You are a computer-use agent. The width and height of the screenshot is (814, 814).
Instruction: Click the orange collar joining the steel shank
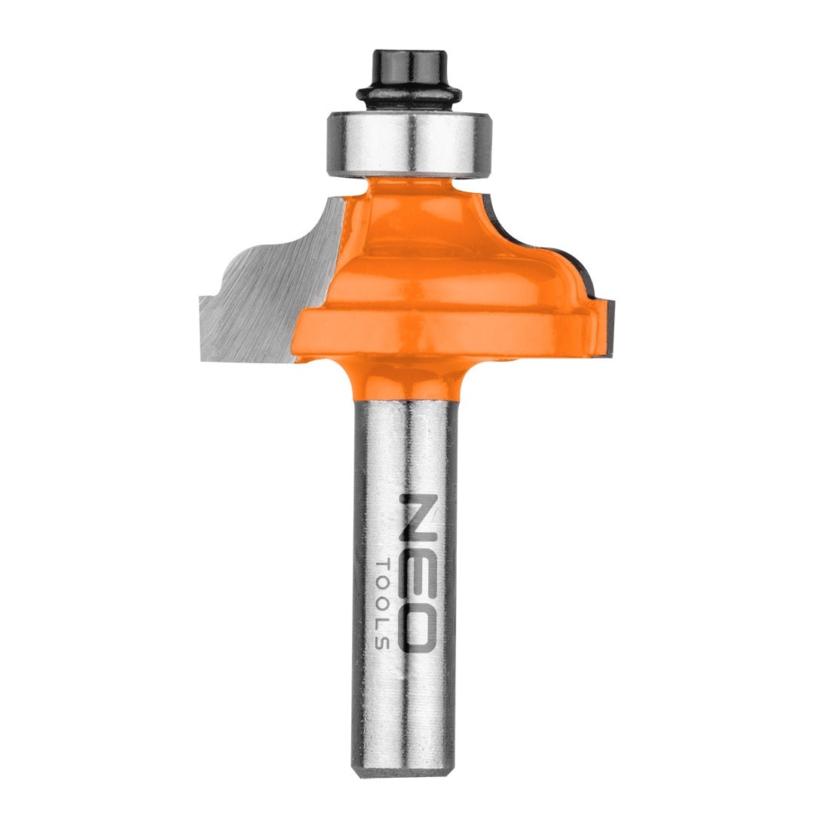(408, 381)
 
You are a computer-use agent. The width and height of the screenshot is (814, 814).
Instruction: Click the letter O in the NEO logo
(417, 625)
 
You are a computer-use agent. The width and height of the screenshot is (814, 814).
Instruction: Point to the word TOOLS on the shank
(381, 603)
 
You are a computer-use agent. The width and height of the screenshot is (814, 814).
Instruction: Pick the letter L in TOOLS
(381, 623)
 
